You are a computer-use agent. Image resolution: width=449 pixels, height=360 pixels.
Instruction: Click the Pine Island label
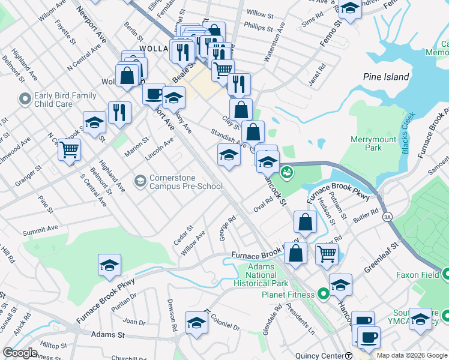click(x=386, y=77)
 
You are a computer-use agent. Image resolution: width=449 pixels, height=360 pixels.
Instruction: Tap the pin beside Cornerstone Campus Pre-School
click(x=140, y=181)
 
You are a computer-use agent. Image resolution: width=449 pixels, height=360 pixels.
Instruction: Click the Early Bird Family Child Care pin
click(x=25, y=98)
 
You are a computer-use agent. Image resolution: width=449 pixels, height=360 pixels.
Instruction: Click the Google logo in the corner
click(x=20, y=353)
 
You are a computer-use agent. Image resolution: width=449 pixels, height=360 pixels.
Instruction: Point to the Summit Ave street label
click(x=40, y=229)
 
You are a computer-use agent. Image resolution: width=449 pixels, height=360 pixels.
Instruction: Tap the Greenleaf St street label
click(x=381, y=258)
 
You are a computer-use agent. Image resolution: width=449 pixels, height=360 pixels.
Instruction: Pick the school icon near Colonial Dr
click(x=196, y=323)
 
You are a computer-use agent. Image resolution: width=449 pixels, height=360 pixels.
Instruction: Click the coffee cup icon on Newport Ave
click(x=154, y=94)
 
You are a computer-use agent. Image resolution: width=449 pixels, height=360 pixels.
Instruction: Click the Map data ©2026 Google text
click(x=411, y=355)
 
